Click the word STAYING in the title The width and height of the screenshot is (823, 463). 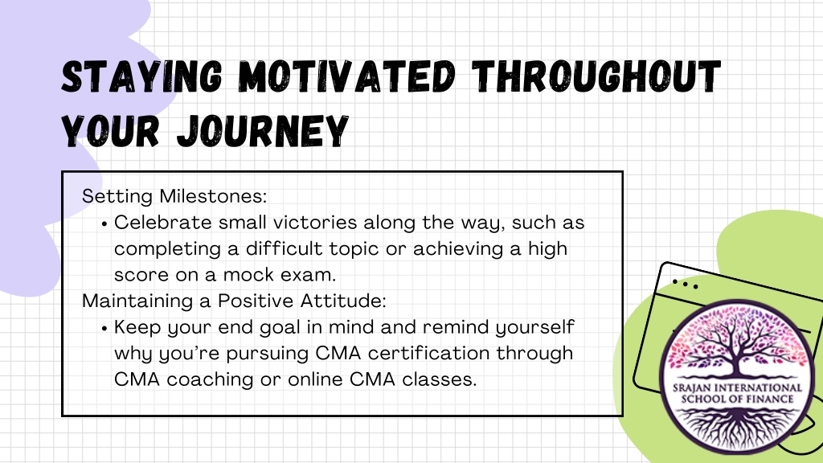[x=141, y=76]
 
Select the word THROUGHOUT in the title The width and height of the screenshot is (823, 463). [x=596, y=76]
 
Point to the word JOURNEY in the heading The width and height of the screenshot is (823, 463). [x=263, y=131]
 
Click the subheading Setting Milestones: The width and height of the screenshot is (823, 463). [x=174, y=196]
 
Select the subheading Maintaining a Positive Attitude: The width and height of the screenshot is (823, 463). [x=234, y=301]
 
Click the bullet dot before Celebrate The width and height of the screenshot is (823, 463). [x=104, y=224]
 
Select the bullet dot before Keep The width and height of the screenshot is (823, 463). [x=104, y=329]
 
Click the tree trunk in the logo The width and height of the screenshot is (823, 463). [x=737, y=363]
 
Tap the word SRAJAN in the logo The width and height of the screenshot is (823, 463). [x=690, y=388]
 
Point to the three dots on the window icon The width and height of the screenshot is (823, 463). [x=686, y=284]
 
